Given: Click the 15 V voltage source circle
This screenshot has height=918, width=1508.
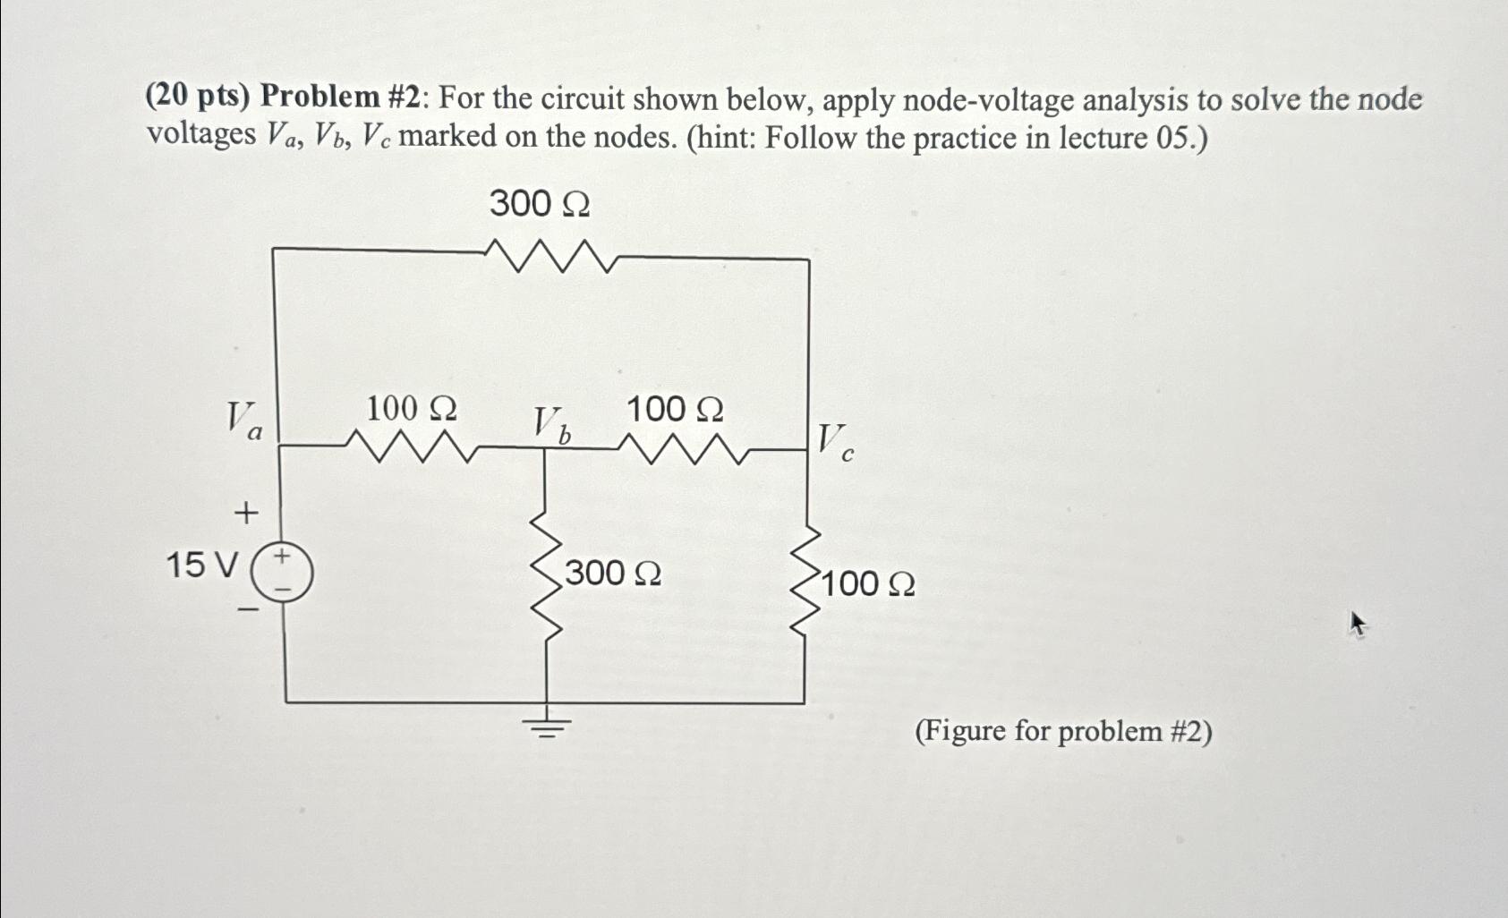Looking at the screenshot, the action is point(282,574).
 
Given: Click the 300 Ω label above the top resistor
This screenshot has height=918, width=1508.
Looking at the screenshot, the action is point(540,205).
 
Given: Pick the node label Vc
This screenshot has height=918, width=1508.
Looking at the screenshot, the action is point(835,441).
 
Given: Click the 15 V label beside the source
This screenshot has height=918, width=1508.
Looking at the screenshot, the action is point(202,565).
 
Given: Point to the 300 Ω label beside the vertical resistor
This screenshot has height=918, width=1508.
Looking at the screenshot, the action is point(613,574).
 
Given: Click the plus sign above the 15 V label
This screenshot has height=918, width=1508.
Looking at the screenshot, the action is point(245,514).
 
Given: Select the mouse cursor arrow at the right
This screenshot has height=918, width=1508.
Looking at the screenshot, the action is point(1358,623).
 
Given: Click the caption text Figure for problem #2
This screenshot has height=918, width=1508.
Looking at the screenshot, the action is point(1063,732).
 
